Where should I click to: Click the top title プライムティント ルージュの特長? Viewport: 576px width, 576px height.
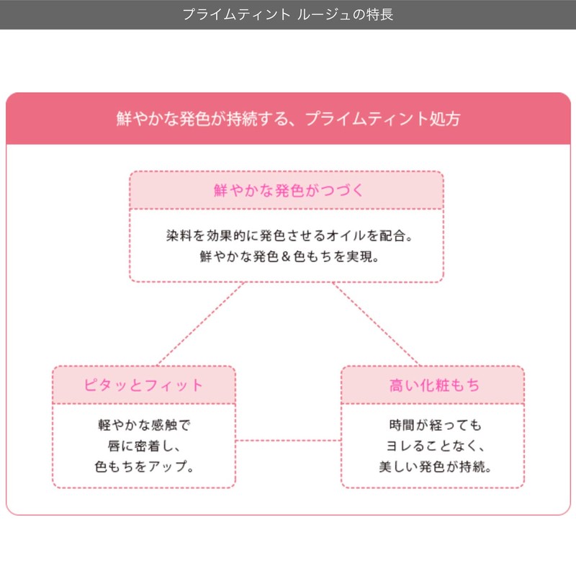click(287, 14)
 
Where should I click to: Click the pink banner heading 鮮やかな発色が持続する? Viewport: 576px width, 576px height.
click(288, 119)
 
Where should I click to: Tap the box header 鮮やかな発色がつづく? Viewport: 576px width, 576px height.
click(287, 190)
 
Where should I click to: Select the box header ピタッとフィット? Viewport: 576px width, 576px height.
click(144, 385)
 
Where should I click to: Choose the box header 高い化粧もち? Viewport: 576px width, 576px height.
click(433, 385)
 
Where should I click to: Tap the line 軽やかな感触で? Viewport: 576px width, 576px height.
click(144, 425)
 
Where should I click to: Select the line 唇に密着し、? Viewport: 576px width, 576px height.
click(144, 446)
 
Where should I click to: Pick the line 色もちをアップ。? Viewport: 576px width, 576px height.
click(144, 467)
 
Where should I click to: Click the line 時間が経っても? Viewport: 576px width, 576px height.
click(433, 425)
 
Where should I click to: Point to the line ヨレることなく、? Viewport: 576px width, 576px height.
click(433, 446)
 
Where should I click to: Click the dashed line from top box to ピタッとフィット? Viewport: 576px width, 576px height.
click(202, 324)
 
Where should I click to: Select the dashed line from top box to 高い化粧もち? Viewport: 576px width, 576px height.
click(375, 324)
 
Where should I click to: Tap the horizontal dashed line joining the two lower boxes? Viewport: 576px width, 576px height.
click(288, 440)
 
